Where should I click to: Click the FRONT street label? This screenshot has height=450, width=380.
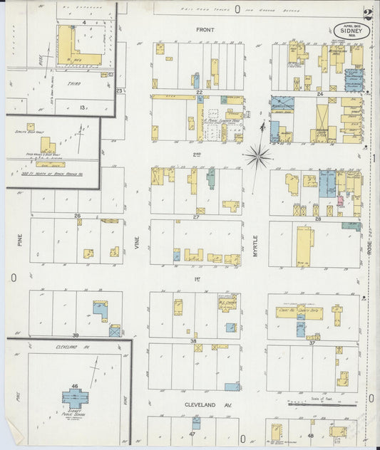pos(205,30)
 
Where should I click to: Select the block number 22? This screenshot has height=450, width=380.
pos(200,93)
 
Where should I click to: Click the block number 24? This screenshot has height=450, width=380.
pos(320,93)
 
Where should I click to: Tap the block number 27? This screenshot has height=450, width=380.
pos(195,216)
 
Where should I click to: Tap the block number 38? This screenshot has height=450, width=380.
pos(193,341)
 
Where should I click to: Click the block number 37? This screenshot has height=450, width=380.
pos(312,342)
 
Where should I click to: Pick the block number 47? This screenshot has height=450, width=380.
pos(192,434)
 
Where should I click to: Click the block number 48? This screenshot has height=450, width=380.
pos(311,435)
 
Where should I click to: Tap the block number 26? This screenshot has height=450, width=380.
pos(77,216)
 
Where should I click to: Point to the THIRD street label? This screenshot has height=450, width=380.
pos(73,84)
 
